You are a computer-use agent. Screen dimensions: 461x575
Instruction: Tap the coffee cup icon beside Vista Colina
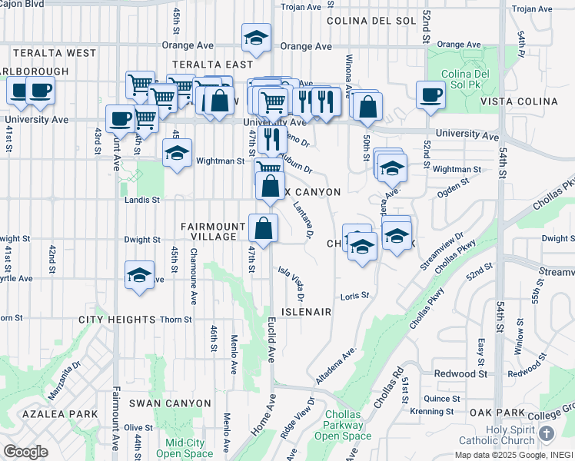pos(430,95)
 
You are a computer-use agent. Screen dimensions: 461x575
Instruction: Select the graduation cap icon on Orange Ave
pos(256,38)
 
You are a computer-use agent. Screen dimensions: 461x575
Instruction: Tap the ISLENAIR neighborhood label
pos(305,312)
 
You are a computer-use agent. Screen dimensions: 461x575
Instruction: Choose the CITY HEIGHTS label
pos(117,319)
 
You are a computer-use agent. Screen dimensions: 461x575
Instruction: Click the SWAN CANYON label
pos(169,403)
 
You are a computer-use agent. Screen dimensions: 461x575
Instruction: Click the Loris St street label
pos(354,295)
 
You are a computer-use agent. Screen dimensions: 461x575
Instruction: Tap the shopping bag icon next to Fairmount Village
pos(263,228)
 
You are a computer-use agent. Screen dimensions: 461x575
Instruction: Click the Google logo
pos(25,451)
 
